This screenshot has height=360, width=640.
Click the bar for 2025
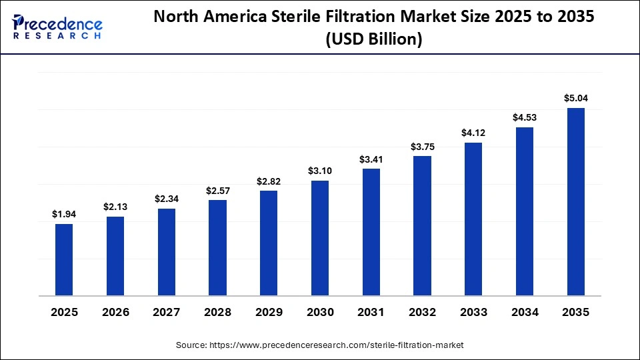[64, 259]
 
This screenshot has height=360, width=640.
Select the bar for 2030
[320, 237]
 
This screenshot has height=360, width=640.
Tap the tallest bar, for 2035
[575, 201]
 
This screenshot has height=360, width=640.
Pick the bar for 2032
[422, 225]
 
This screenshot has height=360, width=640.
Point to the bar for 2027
[167, 251]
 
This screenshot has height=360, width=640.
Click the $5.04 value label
[575, 99]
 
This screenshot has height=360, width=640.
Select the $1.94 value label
[64, 214]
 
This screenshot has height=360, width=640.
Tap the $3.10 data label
[320, 171]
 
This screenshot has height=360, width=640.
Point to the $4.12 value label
[473, 133]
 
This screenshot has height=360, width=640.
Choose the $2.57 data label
[217, 191]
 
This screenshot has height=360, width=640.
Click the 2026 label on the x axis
[115, 313]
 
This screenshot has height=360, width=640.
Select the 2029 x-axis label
[269, 313]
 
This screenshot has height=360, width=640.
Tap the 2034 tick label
[525, 313]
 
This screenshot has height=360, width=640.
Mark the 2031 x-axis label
[371, 313]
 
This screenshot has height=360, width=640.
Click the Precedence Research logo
[57, 27]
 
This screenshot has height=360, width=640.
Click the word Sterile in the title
[306, 18]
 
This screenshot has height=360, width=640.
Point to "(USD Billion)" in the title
[374, 40]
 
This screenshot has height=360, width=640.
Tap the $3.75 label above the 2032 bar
[422, 147]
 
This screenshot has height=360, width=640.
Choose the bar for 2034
[525, 211]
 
